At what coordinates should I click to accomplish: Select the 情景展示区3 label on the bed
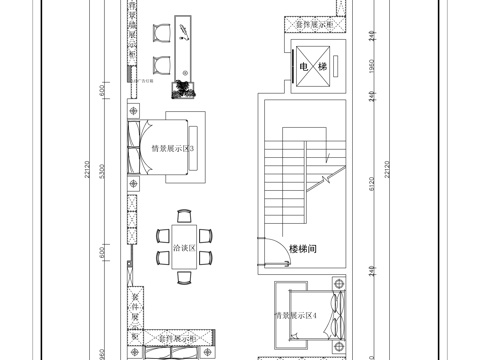click(172, 149)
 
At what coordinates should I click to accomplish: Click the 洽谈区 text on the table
click(183, 246)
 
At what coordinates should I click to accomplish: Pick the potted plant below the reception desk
click(182, 91)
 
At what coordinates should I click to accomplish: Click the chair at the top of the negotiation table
click(183, 215)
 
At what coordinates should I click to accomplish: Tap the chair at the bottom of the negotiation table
click(183, 280)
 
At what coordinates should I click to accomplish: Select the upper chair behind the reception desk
click(160, 33)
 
